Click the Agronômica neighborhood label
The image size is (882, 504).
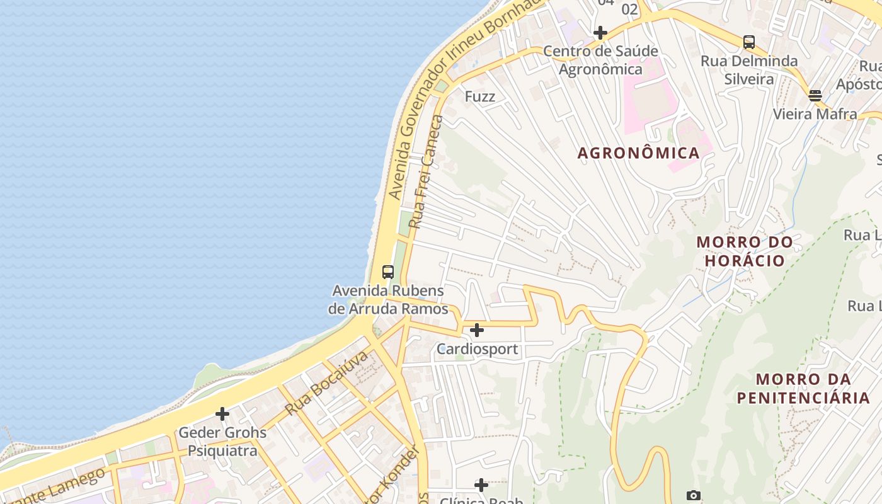coord(638,153)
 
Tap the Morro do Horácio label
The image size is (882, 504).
coord(745,251)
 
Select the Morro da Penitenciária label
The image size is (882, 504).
coord(803,389)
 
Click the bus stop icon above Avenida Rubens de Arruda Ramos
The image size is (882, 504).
coord(388,272)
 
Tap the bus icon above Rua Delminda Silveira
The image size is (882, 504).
coord(748,42)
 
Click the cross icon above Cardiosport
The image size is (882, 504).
coord(477,329)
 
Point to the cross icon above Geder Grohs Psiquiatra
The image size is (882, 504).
coord(222,414)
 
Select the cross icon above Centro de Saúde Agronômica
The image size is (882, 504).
coord(600,33)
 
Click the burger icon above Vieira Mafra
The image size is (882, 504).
coord(815,96)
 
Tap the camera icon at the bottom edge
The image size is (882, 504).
coord(694,496)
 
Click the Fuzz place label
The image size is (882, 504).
coord(480,97)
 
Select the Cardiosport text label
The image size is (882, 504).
coord(478,349)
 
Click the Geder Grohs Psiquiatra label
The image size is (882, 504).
coord(222,442)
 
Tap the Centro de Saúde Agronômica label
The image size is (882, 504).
coord(600,60)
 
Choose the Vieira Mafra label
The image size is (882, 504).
coord(815,114)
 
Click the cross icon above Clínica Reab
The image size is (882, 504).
coord(481,484)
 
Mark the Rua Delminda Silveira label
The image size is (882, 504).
coord(749,70)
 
